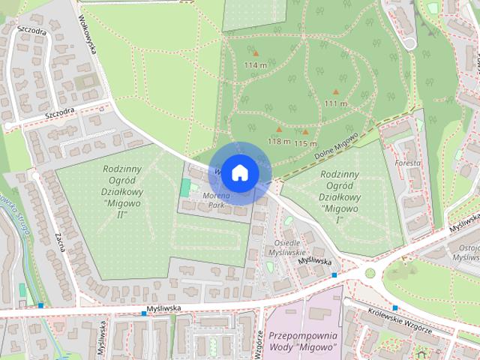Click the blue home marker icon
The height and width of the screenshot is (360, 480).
click(x=238, y=172)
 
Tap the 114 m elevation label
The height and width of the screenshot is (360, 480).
click(x=256, y=65)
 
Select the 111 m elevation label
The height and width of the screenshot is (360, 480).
click(x=335, y=103)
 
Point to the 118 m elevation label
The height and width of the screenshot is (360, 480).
click(x=279, y=141)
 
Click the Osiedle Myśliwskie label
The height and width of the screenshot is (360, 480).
click(x=287, y=247)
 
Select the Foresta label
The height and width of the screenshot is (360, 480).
click(x=408, y=163)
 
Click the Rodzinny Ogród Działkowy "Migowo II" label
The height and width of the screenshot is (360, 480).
click(x=114, y=192)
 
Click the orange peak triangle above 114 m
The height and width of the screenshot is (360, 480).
click(x=256, y=54)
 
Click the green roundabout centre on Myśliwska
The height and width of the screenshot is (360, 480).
click(x=369, y=273)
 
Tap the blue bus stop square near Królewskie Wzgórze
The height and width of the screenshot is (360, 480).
click(x=394, y=307)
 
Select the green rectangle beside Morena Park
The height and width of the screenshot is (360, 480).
click(x=184, y=187)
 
